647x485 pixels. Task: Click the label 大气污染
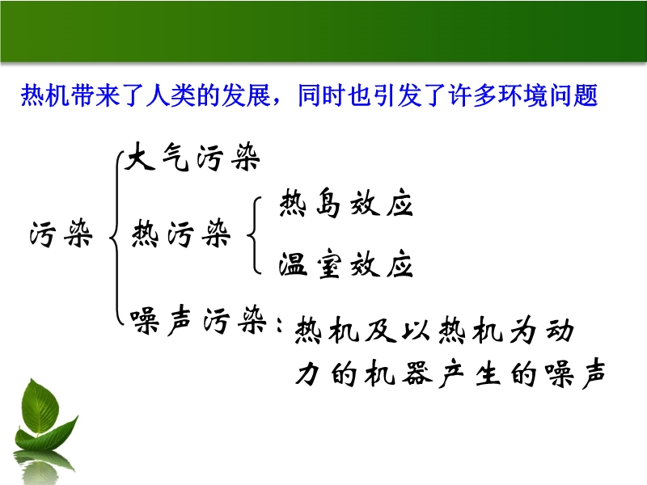click(x=192, y=157)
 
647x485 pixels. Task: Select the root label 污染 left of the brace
click(x=61, y=234)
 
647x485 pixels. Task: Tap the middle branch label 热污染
click(x=180, y=234)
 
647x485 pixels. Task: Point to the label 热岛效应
click(x=346, y=203)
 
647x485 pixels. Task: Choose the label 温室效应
click(x=346, y=264)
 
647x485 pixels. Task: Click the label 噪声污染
click(x=198, y=320)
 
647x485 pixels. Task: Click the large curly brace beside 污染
click(x=117, y=238)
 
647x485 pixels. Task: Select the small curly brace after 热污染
click(x=254, y=235)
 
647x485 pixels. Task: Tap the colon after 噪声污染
click(x=280, y=324)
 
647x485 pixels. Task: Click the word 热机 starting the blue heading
click(x=45, y=95)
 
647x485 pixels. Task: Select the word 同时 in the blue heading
click(x=321, y=95)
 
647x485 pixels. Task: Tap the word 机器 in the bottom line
click(x=399, y=373)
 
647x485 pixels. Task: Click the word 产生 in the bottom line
click(x=471, y=373)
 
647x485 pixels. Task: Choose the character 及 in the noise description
click(x=380, y=330)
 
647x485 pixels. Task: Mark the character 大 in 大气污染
click(x=140, y=156)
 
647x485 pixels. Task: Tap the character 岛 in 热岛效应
click(x=328, y=203)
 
